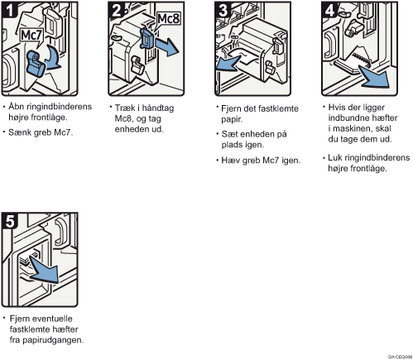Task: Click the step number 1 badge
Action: (x=10, y=10)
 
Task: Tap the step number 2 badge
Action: (x=117, y=10)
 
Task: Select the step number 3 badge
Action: (x=223, y=10)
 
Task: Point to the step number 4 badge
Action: (x=330, y=10)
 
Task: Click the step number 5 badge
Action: (x=10, y=221)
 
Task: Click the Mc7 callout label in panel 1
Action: (x=31, y=36)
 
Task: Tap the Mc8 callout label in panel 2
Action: (x=168, y=19)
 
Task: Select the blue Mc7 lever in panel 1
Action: (x=36, y=64)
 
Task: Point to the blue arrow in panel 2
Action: (x=166, y=47)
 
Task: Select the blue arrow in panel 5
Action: (x=44, y=271)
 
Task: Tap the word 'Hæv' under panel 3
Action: (x=230, y=161)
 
